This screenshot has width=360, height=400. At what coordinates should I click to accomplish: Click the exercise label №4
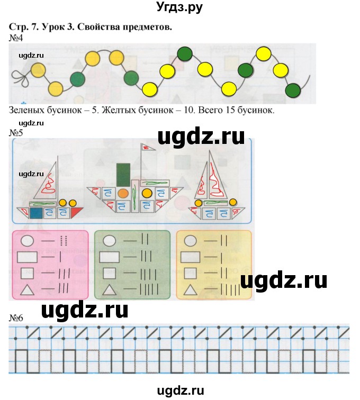16,38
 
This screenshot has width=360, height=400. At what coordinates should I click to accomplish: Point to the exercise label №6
16,317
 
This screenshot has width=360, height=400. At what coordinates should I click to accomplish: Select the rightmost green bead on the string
293,91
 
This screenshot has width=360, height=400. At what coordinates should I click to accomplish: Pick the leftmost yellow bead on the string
37,69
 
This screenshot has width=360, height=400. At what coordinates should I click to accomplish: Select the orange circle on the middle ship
123,194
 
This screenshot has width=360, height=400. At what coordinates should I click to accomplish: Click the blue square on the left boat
37,213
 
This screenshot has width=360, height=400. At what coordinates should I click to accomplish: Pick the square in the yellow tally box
191,274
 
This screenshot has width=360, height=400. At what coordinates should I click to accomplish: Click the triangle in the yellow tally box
191,289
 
